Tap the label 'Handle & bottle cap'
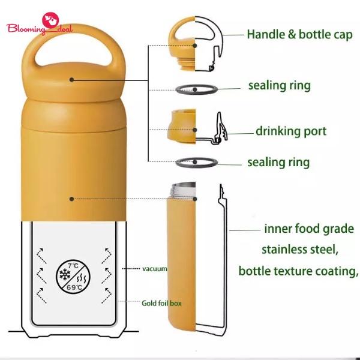pyautogui.click(x=299, y=34)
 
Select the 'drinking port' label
pyautogui.click(x=291, y=131)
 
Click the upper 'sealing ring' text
pyautogui.click(x=280, y=85)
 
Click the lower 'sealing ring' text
pyautogui.click(x=278, y=162)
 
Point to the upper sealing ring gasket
pyautogui.click(x=197, y=89)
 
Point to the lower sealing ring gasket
pyautogui.click(x=197, y=162)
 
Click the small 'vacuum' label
pyautogui.click(x=154, y=269)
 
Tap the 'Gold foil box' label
pyautogui.click(x=161, y=303)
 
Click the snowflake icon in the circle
pyautogui.click(x=64, y=275)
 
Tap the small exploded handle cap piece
pyautogui.click(x=182, y=39)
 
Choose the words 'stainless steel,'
pyautogui.click(x=299, y=248)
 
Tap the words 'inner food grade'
pyautogui.click(x=308, y=229)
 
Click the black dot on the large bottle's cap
pyautogui.click(x=71, y=79)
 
